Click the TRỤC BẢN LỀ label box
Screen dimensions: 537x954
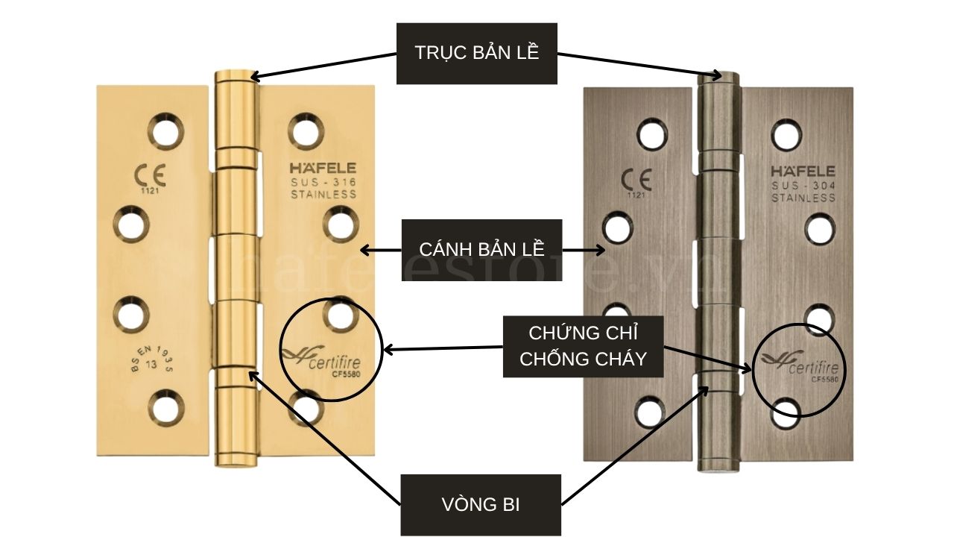476,53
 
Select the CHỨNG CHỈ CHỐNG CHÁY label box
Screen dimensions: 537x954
583,345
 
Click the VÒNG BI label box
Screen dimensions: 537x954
480,504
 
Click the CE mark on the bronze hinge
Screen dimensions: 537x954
636,180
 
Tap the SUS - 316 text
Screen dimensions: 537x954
323,182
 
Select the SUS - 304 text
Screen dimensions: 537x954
803,185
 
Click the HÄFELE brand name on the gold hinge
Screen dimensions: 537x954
323,169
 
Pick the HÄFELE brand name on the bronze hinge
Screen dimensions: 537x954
803,172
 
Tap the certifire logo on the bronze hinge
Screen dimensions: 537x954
800,365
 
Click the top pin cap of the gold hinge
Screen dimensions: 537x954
233,76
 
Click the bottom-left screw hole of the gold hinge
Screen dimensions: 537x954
165,406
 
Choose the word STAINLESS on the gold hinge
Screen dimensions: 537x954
323,195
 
